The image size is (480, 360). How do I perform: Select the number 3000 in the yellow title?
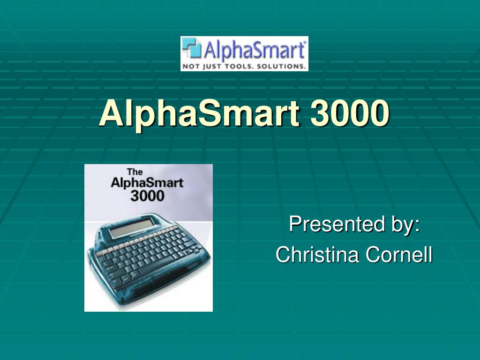[349, 113]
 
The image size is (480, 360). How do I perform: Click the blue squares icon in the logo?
[192, 49]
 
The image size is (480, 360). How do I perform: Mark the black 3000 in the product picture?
[147, 195]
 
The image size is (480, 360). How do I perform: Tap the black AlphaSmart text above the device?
[147, 183]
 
